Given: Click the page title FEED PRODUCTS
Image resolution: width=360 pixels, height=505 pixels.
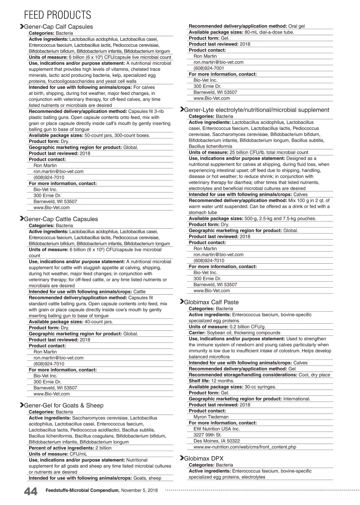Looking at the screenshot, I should click(57, 15).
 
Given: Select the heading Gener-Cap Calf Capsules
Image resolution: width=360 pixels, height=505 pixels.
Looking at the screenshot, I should click(58, 27).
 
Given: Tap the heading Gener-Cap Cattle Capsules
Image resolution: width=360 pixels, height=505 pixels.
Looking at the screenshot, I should click(61, 219).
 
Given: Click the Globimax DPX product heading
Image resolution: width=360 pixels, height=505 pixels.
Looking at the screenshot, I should click(204, 458).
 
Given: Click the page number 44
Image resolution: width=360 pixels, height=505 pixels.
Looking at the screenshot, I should click(31, 491).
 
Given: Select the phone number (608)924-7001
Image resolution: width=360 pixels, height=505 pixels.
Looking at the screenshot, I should click(209, 68).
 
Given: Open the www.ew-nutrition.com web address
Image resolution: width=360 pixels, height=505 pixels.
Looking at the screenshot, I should click(245, 447).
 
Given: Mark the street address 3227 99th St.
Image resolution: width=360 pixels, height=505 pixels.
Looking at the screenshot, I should click(208, 435).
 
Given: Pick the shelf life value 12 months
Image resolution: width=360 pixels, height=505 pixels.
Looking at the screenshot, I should click(223, 381).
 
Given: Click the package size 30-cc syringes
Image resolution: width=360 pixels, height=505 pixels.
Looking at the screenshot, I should click(260, 387).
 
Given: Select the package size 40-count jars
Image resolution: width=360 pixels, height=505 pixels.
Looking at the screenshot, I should click(99, 322).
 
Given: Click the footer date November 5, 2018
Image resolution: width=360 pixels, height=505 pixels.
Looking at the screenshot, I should click(139, 490).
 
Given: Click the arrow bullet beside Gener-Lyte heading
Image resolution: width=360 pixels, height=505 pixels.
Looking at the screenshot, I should click(181, 110).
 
